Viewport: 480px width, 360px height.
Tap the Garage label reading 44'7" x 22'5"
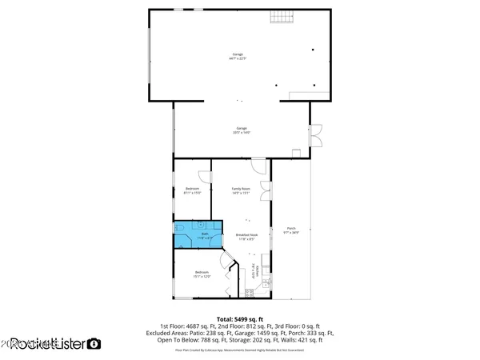click(x=238, y=57)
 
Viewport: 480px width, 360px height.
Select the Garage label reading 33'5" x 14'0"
click(x=242, y=130)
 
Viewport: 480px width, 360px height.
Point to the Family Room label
click(x=242, y=190)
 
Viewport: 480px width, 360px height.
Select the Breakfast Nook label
click(x=246, y=237)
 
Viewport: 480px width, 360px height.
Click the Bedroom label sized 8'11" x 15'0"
click(x=192, y=190)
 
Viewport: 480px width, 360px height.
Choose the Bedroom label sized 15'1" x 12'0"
click(x=202, y=274)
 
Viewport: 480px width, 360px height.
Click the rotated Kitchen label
click(x=258, y=271)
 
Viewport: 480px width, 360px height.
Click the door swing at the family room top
click(x=258, y=165)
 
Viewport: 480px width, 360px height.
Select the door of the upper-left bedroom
click(x=206, y=174)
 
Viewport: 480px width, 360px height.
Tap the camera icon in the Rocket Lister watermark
click(x=94, y=344)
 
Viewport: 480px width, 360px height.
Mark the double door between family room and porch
click(x=266, y=192)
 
